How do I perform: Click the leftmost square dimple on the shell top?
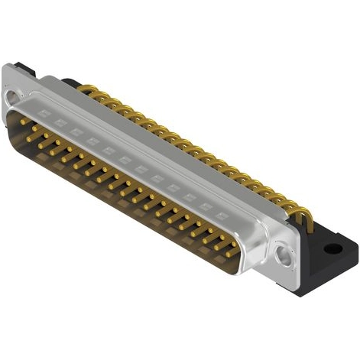click(x=44, y=112)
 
